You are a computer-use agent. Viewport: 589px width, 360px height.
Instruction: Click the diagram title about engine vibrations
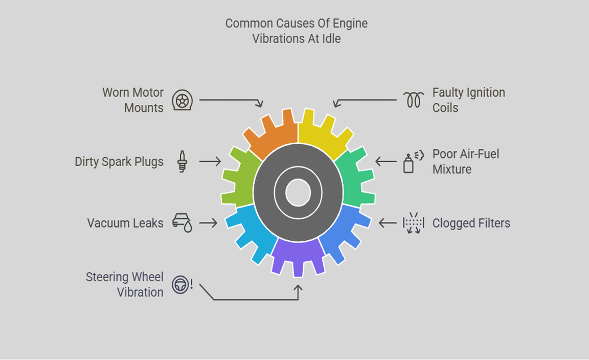296,31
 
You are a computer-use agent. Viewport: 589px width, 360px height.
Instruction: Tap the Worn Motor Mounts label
133,100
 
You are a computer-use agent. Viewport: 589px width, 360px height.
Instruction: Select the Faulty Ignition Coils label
468,100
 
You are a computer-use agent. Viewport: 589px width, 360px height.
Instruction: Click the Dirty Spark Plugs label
119,162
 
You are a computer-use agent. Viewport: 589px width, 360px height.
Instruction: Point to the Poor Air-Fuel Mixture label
465,162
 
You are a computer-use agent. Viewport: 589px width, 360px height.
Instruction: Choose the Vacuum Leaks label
125,223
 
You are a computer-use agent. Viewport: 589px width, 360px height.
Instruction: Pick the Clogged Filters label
471,223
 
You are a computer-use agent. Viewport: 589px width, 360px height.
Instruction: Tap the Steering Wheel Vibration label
125,284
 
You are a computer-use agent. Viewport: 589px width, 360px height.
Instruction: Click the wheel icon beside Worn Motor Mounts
182,100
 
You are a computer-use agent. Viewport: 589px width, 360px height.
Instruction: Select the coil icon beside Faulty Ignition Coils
414,100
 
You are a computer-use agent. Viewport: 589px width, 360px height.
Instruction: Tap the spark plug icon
182,162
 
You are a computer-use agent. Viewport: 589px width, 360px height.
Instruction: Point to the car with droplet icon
182,223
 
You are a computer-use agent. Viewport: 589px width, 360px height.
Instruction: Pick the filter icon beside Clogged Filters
413,223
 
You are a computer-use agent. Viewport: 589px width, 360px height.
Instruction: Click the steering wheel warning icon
182,284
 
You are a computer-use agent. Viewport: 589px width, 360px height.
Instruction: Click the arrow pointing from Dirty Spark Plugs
210,162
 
